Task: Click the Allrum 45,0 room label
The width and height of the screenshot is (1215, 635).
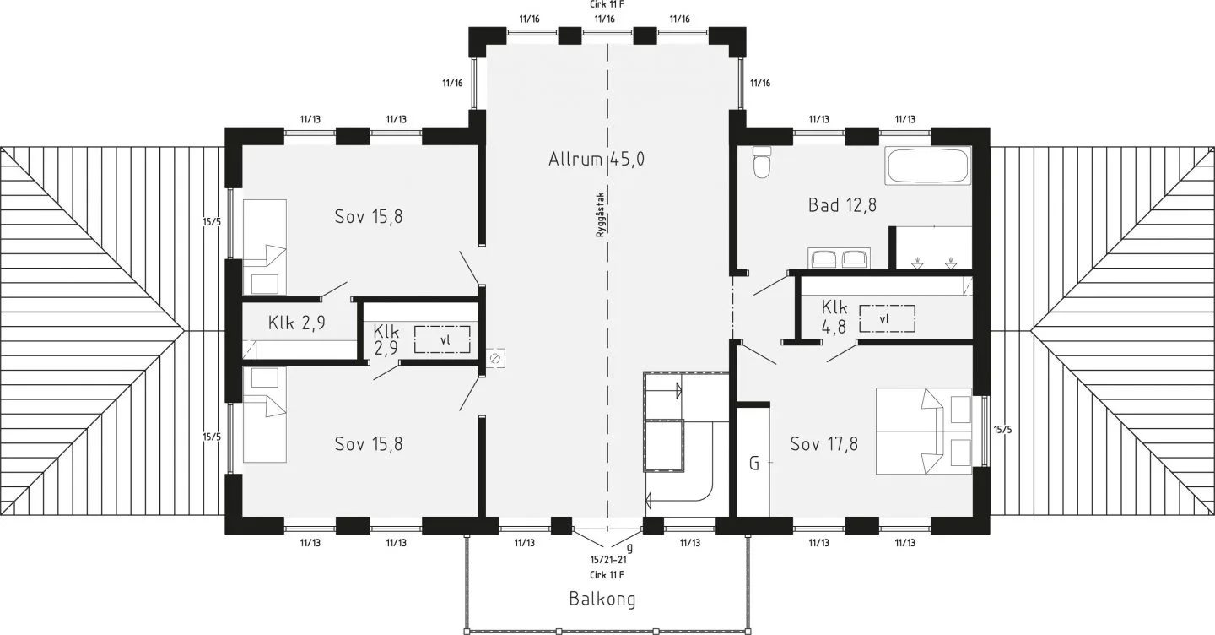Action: tap(596, 159)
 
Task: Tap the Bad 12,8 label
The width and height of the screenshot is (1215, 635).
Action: tap(842, 205)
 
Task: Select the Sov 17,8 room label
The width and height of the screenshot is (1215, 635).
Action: tap(823, 444)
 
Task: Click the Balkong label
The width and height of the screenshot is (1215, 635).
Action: tap(602, 600)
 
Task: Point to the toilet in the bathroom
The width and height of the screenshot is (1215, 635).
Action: tap(762, 162)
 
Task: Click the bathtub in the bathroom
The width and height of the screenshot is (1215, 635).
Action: tap(927, 165)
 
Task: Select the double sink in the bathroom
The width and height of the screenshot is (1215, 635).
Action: tap(839, 258)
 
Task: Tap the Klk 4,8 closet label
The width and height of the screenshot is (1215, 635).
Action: tap(834, 315)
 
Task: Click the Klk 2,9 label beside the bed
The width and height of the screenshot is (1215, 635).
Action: tap(297, 323)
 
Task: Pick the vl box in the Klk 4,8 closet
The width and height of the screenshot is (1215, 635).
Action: tap(887, 319)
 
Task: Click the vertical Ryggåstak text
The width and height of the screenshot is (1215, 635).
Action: tap(600, 214)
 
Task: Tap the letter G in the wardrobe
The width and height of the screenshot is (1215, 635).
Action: tap(754, 464)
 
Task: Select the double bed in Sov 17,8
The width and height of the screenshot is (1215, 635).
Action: tap(924, 431)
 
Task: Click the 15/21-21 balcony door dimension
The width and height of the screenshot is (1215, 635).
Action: tap(608, 559)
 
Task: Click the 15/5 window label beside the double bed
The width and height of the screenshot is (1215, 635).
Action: tap(1002, 429)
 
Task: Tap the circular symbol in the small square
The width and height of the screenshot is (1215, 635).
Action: tap(494, 358)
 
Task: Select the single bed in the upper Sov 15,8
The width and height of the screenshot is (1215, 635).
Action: tap(265, 247)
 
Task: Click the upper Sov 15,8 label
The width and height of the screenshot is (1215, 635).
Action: tap(369, 216)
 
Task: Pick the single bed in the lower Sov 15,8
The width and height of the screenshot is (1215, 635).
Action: tap(265, 415)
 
